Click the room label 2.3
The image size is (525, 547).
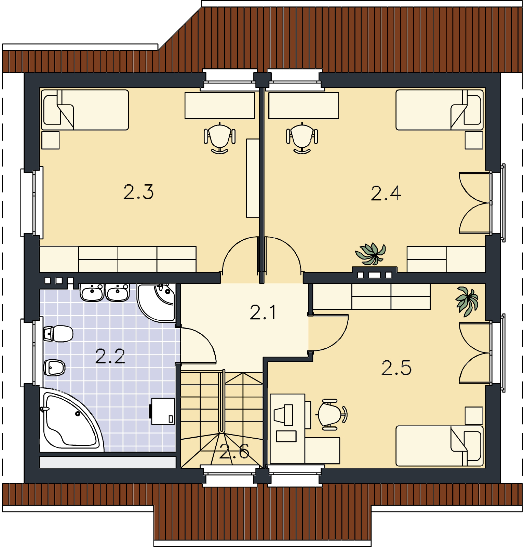coord(138,192)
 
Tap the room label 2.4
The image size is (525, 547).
coord(386,194)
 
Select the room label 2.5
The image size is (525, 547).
coord(396,368)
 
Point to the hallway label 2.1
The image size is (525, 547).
coord(263,312)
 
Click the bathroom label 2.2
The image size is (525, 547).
coord(110,357)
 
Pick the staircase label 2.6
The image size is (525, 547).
coord(234,452)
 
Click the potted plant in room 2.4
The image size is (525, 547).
coord(371,254)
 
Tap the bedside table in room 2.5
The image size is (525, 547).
coord(474,415)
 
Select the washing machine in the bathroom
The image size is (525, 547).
coord(162,411)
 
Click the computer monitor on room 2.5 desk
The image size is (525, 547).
coord(284,415)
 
